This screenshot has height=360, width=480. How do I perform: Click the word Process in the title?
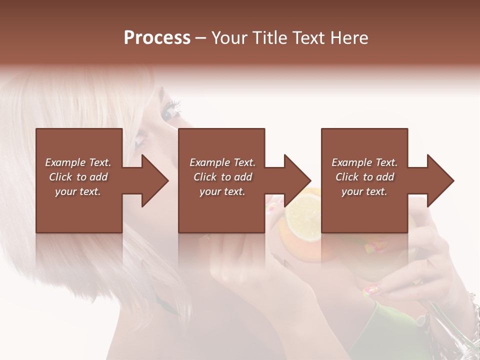tap(157, 38)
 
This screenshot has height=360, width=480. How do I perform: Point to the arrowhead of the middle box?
tap(296, 180)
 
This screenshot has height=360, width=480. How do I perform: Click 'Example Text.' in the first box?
tap(78, 162)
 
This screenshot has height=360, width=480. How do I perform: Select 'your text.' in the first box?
tap(78, 191)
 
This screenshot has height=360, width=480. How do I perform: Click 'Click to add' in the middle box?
tap(222, 177)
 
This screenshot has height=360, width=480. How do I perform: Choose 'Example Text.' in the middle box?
tap(222, 162)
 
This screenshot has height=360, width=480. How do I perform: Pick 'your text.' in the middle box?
tap(222, 191)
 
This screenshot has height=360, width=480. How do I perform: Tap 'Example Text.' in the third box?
tap(364, 162)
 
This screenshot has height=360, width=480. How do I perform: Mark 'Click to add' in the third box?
tap(364, 177)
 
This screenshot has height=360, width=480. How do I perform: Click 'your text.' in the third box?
tap(364, 191)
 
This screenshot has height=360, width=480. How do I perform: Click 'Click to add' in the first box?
tap(78, 177)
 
